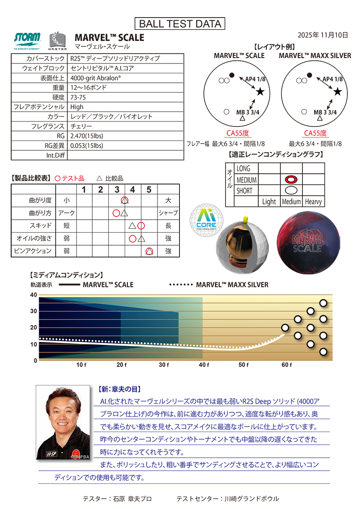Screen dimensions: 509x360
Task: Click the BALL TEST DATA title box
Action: click(180, 23)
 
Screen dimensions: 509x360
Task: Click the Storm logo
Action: click(27, 37)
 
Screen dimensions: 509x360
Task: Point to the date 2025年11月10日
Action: click(323, 35)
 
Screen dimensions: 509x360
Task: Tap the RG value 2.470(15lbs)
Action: click(87, 136)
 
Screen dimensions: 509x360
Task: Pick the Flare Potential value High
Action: click(77, 107)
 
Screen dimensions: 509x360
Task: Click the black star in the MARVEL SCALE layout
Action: click(260, 92)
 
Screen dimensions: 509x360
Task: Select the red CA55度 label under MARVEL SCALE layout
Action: click(237, 133)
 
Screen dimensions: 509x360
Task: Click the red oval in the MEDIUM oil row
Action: click(291, 180)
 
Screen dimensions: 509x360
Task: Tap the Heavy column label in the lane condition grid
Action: click(313, 202)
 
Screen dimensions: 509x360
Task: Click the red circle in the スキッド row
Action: click(141, 225)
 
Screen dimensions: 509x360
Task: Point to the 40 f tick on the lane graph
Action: click(203, 365)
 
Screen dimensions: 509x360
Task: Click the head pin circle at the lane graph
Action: click(285, 328)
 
